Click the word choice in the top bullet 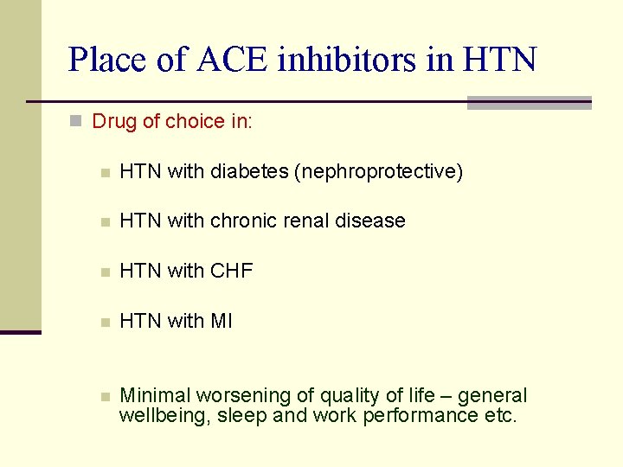(195, 121)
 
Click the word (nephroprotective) (379, 171)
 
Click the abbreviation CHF (231, 271)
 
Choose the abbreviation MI (222, 321)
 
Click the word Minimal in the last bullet (156, 395)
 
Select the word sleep (242, 415)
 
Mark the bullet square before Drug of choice (75, 122)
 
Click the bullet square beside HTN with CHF (104, 272)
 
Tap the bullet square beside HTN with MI (104, 322)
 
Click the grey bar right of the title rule (529, 103)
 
